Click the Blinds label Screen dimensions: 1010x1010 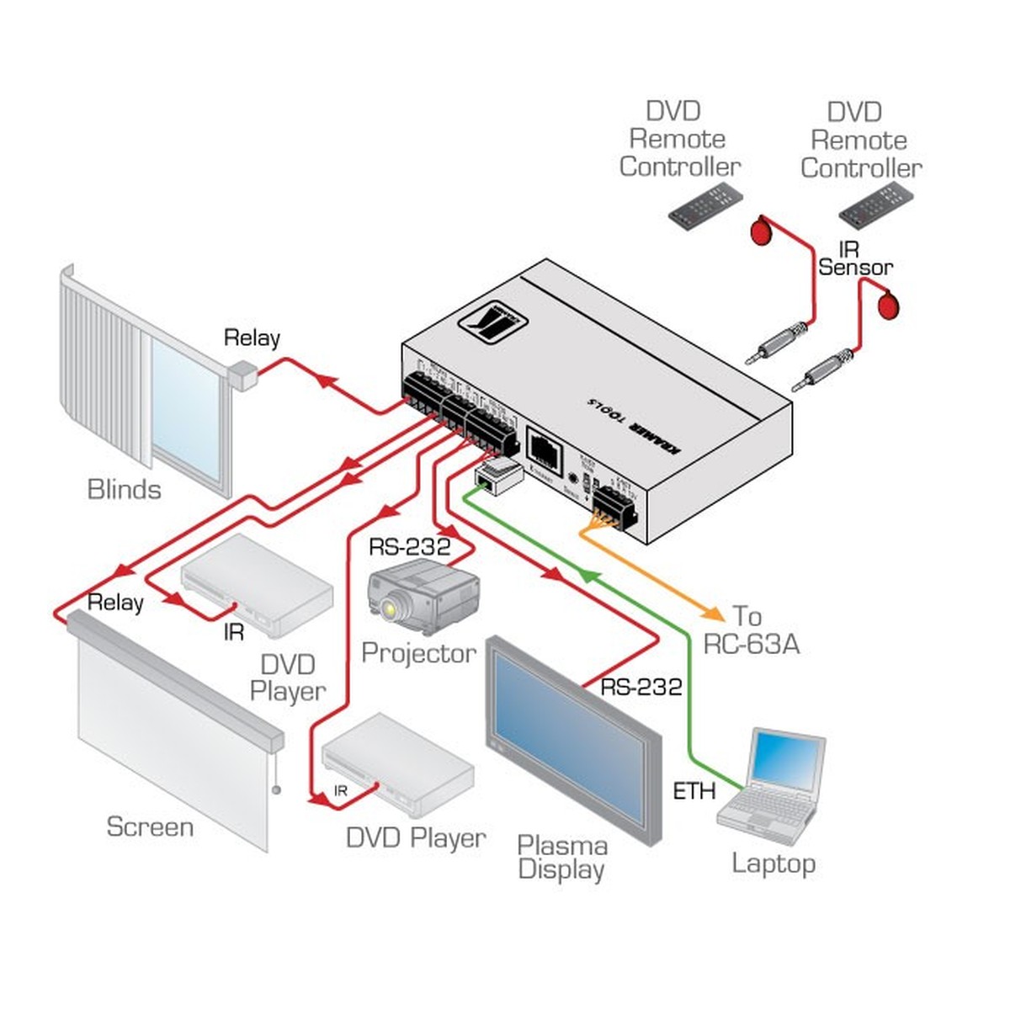(x=124, y=489)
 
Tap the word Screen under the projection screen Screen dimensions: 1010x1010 (x=150, y=827)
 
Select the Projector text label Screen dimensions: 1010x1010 (x=418, y=653)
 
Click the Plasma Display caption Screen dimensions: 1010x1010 (x=561, y=857)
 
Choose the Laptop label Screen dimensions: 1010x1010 (x=773, y=863)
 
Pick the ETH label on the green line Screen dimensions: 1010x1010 (x=694, y=791)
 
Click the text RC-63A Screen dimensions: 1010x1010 (x=751, y=645)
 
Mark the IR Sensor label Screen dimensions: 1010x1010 (x=854, y=259)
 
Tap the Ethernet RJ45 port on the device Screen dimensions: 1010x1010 (x=544, y=445)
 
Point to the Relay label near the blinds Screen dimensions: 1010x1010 (x=251, y=338)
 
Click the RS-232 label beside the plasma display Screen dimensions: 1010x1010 (x=641, y=688)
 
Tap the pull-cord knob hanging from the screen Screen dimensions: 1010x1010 (x=276, y=790)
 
